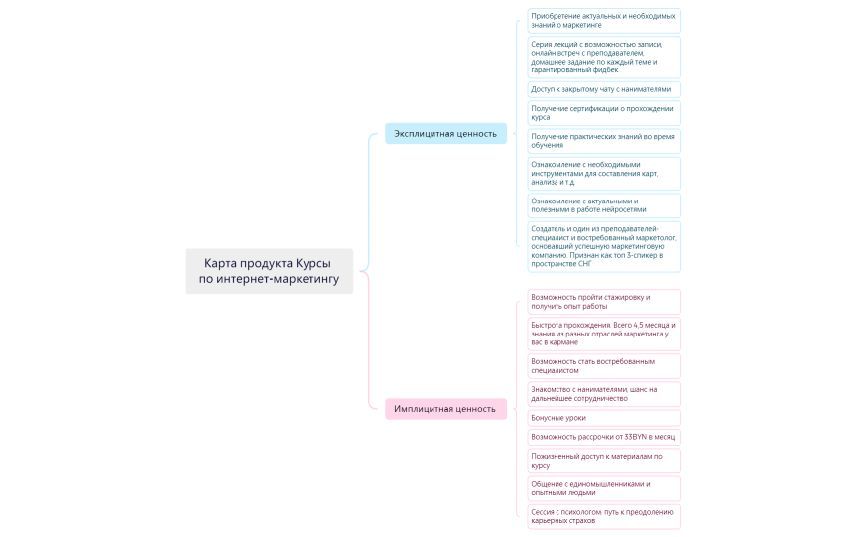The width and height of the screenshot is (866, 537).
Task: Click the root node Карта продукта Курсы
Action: (269, 271)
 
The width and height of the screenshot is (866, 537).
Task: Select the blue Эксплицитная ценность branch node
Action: (445, 133)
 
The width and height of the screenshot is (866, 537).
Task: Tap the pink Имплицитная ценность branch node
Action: (445, 409)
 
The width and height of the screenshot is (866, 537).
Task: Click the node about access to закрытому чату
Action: (603, 89)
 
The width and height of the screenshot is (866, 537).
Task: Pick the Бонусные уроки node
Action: (603, 418)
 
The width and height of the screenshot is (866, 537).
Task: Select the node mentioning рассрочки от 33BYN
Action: (603, 437)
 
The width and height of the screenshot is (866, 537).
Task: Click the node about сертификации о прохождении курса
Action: (603, 113)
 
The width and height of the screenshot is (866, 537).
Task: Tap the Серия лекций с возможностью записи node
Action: (603, 57)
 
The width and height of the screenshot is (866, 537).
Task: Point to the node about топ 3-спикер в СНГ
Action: (603, 246)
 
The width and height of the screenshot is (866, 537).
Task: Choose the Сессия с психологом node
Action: (603, 516)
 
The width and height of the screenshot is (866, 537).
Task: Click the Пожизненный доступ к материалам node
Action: (603, 461)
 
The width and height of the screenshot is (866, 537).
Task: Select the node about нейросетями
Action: (603, 205)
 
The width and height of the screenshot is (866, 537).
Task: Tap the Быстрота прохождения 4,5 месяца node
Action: (603, 334)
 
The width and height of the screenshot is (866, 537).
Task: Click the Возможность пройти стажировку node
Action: (603, 301)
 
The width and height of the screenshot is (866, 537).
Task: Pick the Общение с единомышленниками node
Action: (603, 488)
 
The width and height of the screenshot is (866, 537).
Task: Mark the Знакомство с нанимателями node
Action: (603, 394)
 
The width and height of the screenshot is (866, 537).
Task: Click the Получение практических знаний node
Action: (603, 141)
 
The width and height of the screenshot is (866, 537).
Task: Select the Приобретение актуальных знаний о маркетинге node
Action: (603, 20)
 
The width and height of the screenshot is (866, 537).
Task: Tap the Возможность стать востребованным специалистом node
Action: (603, 366)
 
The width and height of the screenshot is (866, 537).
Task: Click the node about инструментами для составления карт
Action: (603, 174)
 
